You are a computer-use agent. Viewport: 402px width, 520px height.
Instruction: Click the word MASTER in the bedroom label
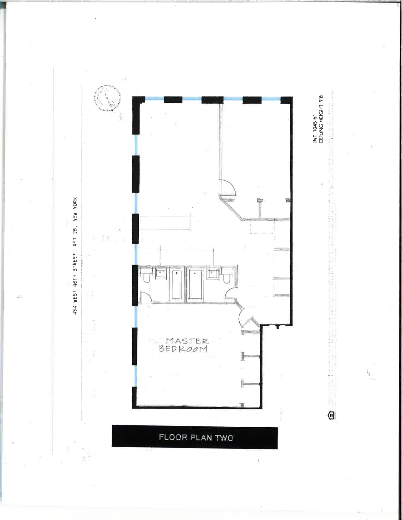[x=187, y=341]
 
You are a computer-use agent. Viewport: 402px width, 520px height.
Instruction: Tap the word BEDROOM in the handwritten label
[x=183, y=349]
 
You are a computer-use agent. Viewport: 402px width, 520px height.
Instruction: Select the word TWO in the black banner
[x=224, y=437]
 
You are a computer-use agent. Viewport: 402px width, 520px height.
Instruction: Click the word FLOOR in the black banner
[x=173, y=437]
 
